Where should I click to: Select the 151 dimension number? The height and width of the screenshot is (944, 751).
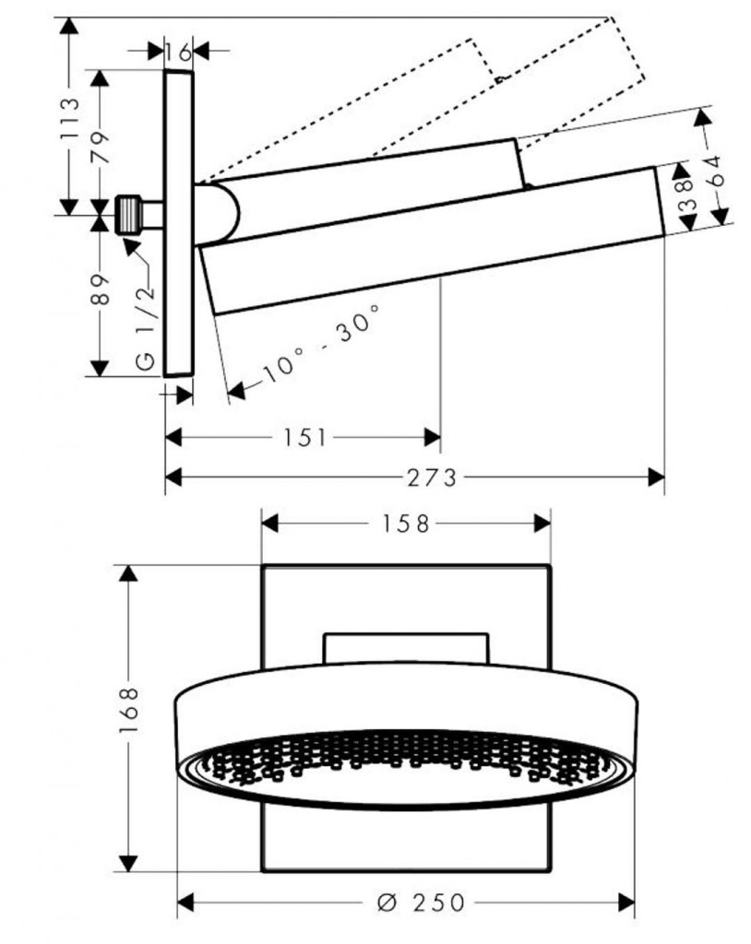pyautogui.click(x=305, y=437)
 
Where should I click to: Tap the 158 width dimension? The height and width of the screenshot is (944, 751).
pyautogui.click(x=405, y=524)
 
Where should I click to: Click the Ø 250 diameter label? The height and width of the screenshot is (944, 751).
pyautogui.click(x=409, y=902)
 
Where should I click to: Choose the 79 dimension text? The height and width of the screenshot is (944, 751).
pyautogui.click(x=101, y=146)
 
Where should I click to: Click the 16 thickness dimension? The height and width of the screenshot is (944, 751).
pyautogui.click(x=180, y=53)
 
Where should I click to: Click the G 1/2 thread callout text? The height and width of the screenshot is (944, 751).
pyautogui.click(x=146, y=324)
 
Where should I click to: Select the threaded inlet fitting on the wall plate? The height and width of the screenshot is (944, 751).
pyautogui.click(x=131, y=215)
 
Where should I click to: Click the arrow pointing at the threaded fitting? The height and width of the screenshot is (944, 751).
pyautogui.click(x=127, y=242)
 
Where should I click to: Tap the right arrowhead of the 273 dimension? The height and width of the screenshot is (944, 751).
pyautogui.click(x=656, y=477)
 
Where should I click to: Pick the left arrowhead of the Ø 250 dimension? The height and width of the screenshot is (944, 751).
pyautogui.click(x=185, y=901)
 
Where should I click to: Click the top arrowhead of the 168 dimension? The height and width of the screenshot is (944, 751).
pyautogui.click(x=128, y=572)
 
